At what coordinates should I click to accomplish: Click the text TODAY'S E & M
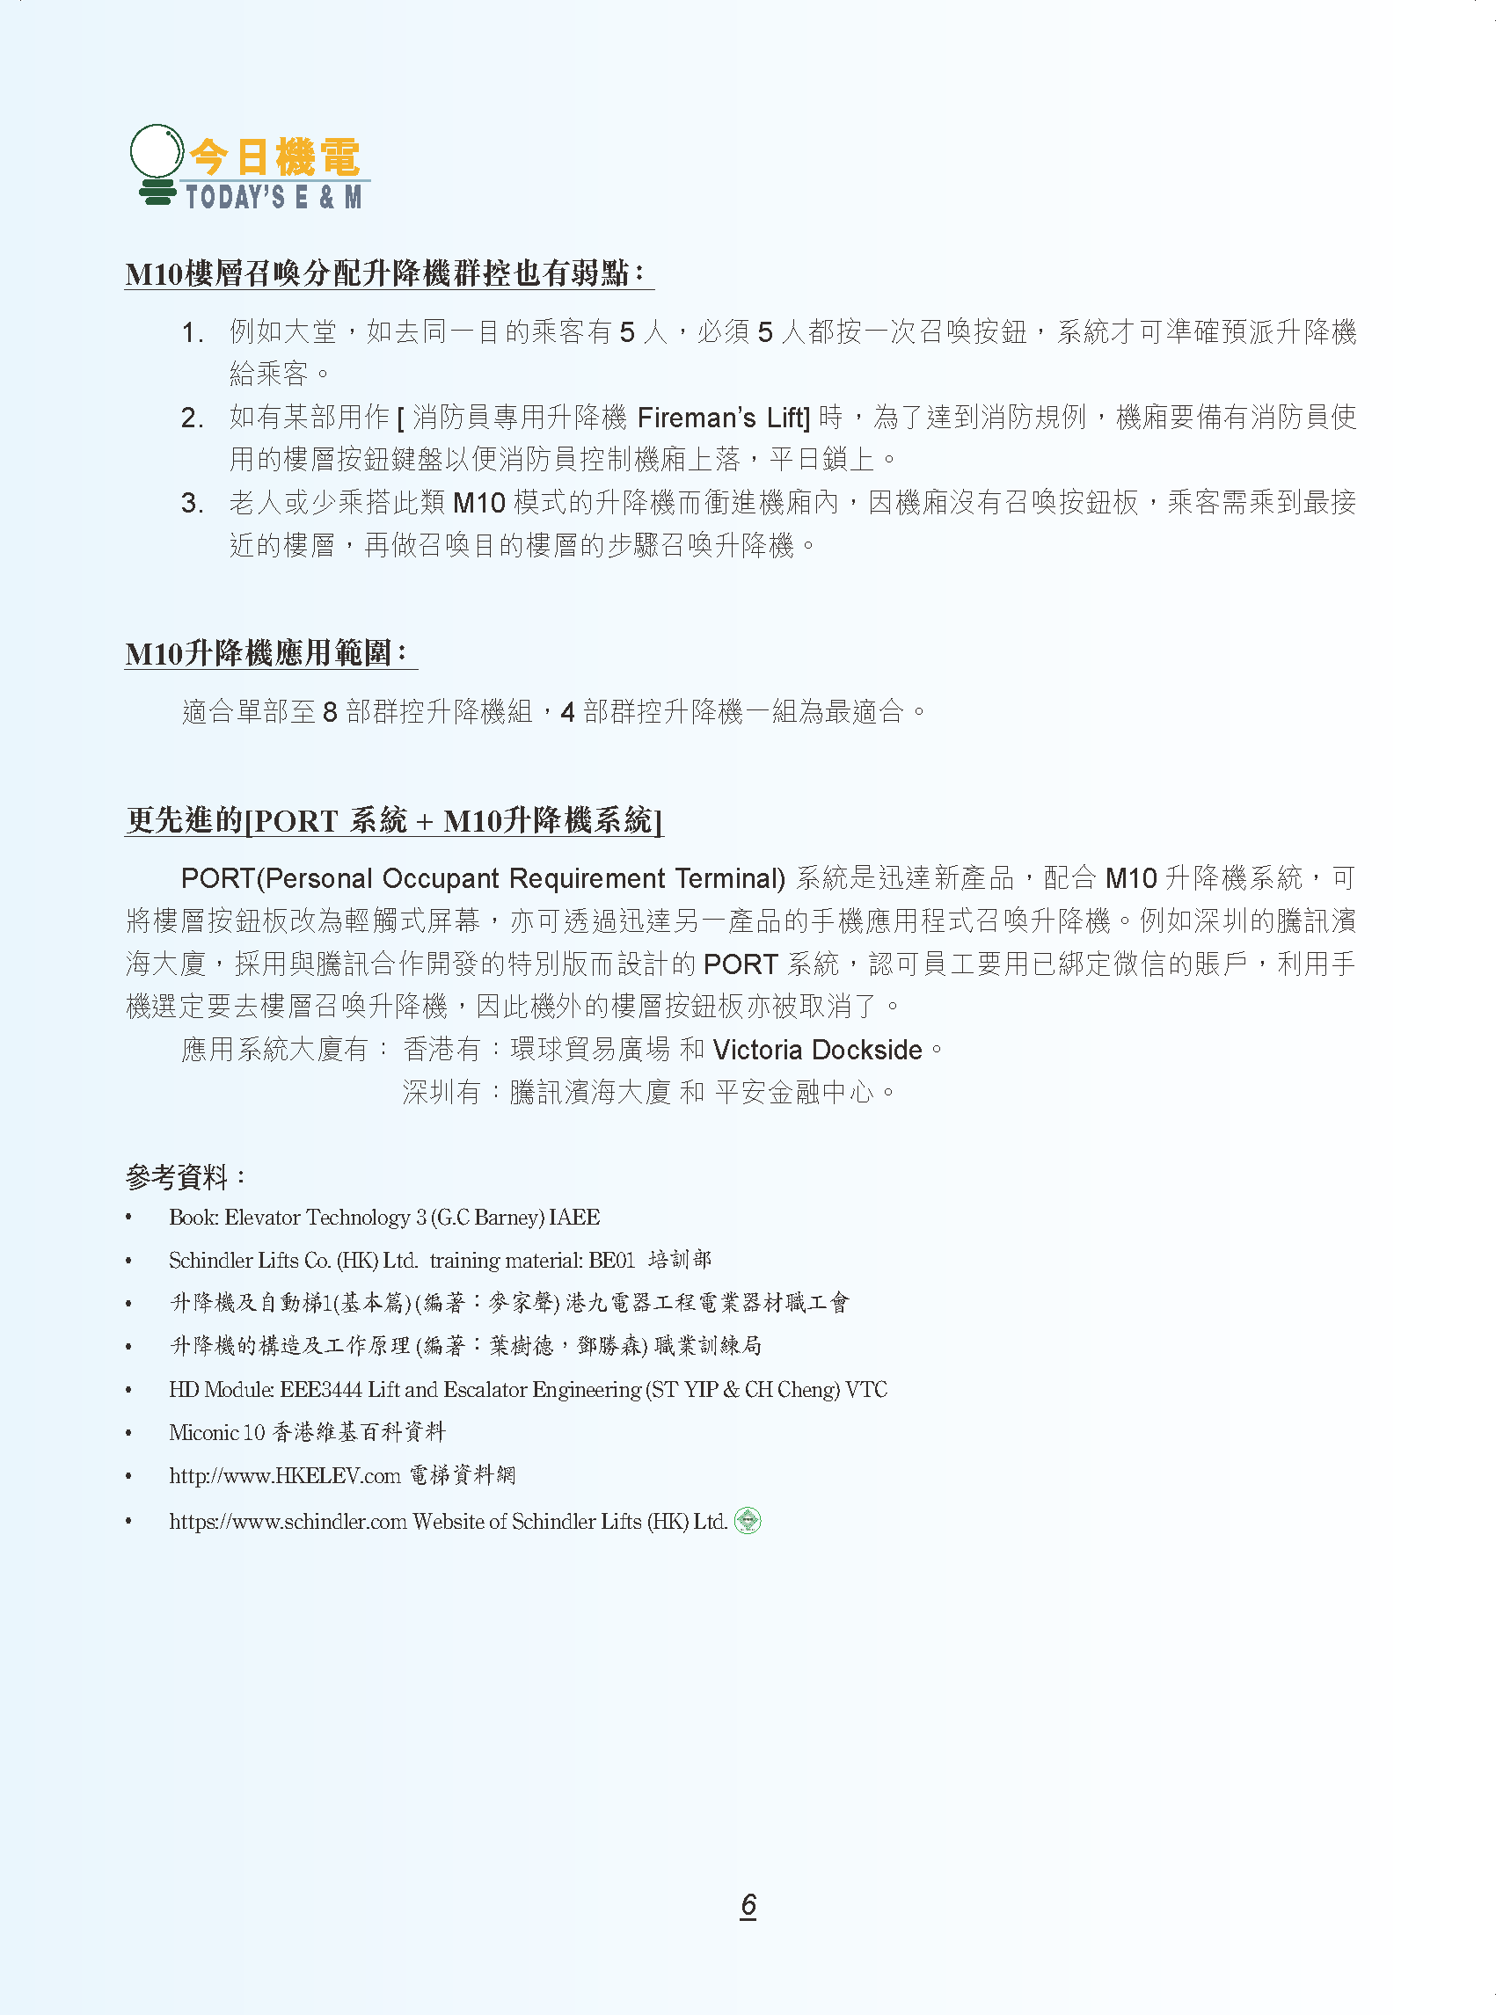pos(274,196)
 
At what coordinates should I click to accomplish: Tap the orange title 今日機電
pos(274,157)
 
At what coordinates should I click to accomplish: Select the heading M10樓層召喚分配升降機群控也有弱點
pos(384,273)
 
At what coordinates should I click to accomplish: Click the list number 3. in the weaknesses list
pos(191,503)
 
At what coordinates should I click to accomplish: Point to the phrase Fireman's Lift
pos(722,418)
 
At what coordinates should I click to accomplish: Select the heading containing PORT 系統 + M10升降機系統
pos(393,820)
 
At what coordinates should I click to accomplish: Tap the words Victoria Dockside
pos(817,1050)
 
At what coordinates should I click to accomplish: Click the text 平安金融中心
pos(794,1093)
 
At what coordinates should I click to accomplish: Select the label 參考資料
pos(183,1177)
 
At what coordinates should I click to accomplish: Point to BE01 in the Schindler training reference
pos(611,1260)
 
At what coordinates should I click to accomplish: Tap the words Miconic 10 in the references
pos(216,1432)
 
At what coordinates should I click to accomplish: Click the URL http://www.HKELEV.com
pos(284,1475)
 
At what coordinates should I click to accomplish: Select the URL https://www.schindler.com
pos(287,1522)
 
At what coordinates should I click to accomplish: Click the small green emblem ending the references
pos(747,1521)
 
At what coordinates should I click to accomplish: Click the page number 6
pos(748,1904)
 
